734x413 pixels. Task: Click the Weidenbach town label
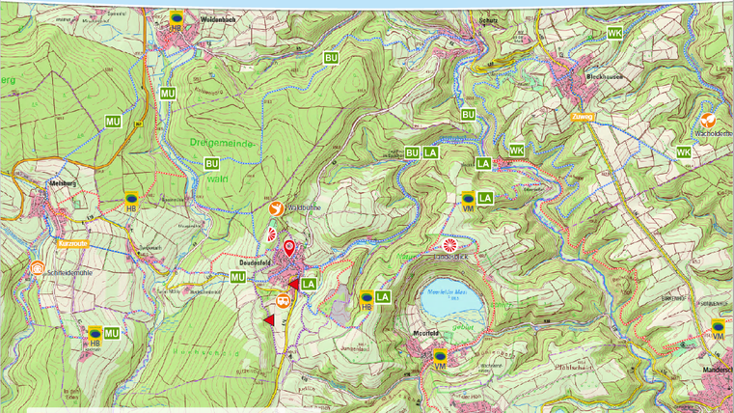(x=219, y=18)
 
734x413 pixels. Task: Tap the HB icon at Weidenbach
(x=176, y=20)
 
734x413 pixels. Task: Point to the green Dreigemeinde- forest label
(x=221, y=143)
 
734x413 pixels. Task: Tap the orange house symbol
(x=38, y=268)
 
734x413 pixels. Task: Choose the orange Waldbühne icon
(x=276, y=207)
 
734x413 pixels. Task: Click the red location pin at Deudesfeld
(x=288, y=248)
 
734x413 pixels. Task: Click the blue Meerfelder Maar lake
(x=451, y=305)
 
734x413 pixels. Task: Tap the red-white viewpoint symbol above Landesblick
(x=449, y=245)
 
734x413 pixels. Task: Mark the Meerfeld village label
(x=426, y=334)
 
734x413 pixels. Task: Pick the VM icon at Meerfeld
(x=440, y=360)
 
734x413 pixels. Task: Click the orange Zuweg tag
(x=583, y=119)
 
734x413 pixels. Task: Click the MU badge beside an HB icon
(x=111, y=334)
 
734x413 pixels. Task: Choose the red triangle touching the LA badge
(x=295, y=284)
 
